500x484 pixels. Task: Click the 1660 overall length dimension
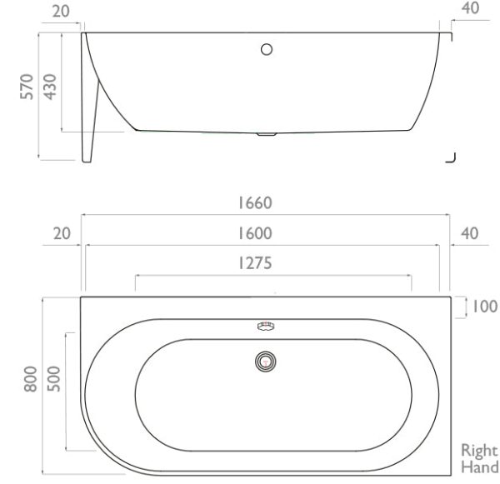[255, 203]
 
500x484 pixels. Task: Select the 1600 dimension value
[255, 233]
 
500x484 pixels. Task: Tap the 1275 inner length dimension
[255, 263]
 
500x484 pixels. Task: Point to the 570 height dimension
[27, 87]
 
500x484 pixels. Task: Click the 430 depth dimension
[50, 87]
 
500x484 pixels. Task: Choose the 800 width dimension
[31, 379]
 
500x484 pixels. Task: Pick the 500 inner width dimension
[54, 379]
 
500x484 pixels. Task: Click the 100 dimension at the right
[484, 307]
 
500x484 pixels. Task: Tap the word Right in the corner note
[479, 451]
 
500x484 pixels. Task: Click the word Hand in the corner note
[480, 467]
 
